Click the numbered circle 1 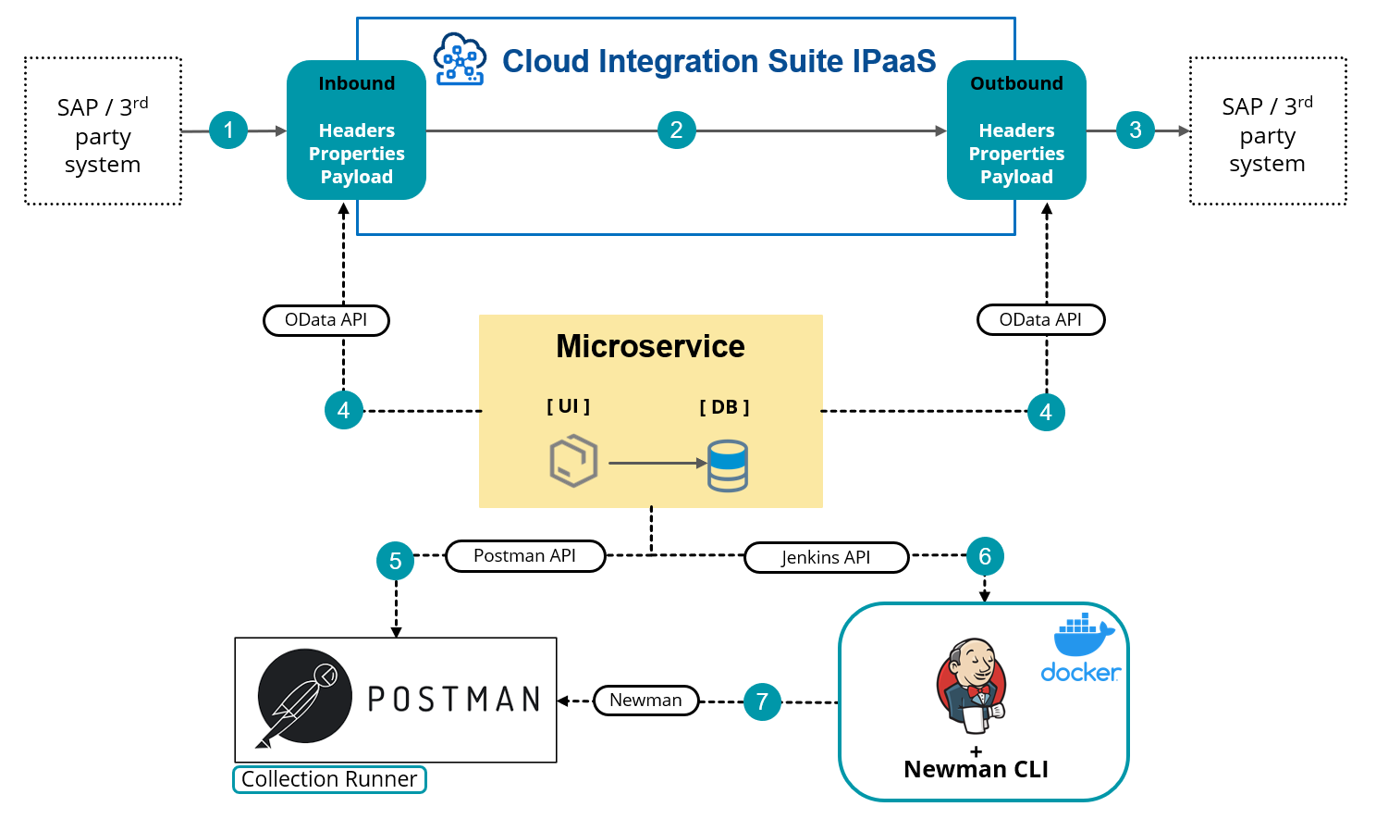228,130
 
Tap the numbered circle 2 676,130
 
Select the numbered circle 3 1135,130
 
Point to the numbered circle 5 395,561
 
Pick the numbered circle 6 984,556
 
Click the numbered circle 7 762,701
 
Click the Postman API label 525,556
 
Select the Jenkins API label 826,557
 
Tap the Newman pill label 645,701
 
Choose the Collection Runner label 329,779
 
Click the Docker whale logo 1083,635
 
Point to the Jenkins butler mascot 970,686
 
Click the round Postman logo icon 304,697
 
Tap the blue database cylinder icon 728,465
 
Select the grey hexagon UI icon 573,462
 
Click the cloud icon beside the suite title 460,59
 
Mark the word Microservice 650,346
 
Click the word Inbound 356,83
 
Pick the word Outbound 1016,83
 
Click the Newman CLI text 976,769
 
